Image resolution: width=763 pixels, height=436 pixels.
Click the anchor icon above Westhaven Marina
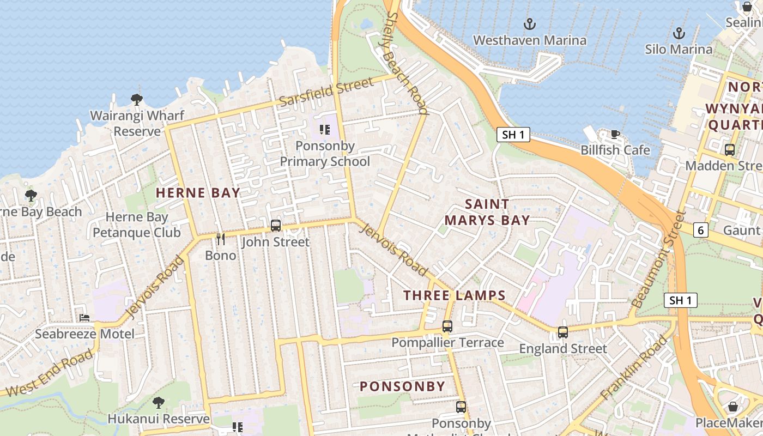(529, 24)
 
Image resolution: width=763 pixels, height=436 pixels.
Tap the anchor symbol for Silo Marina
(679, 33)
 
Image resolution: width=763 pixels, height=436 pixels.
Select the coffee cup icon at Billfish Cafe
(615, 134)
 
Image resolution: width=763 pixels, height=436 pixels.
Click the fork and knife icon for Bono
(221, 239)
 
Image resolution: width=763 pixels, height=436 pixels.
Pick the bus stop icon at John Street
(276, 225)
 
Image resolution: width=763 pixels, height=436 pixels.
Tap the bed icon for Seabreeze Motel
(84, 317)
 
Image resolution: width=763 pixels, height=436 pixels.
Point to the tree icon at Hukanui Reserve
(159, 403)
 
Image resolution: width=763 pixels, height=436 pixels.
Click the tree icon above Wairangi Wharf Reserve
(137, 100)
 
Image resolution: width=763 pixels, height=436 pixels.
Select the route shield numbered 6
(701, 231)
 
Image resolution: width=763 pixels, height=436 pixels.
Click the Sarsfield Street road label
(326, 92)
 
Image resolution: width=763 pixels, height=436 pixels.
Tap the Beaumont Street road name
(657, 259)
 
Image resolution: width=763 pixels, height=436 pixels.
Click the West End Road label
(49, 373)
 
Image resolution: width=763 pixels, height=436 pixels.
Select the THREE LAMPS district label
(455, 295)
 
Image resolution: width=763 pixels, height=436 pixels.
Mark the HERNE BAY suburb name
(198, 192)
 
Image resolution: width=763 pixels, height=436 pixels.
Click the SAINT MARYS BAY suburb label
(487, 212)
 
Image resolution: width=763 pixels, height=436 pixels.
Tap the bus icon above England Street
(563, 332)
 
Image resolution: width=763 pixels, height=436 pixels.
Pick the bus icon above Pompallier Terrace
(447, 326)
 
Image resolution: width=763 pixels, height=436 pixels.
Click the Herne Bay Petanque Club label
(136, 225)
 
